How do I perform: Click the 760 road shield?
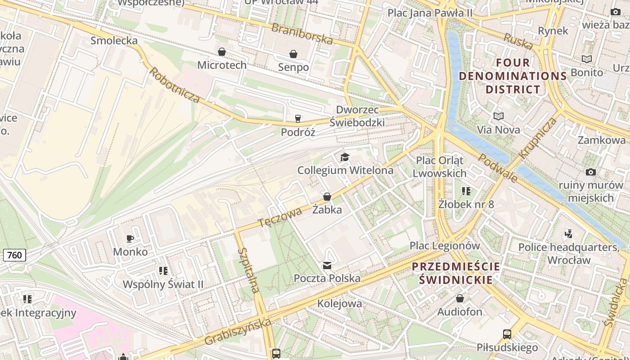(14, 255)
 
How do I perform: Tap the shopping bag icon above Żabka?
(327, 197)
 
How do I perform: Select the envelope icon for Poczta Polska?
(327, 265)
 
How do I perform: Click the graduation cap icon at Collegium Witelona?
(345, 157)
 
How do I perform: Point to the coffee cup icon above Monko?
(130, 238)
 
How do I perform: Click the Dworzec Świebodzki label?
(357, 116)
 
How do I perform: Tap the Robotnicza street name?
(174, 85)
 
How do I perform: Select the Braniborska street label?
(302, 34)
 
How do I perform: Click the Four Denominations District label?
(513, 76)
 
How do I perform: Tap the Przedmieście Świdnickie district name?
(456, 273)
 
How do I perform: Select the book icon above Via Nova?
(498, 117)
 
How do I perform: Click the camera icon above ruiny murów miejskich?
(590, 172)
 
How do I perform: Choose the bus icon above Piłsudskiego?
(507, 334)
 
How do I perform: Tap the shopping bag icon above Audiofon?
(459, 298)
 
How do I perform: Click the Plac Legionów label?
(445, 246)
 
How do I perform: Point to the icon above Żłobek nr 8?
(466, 191)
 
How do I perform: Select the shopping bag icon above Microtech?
(221, 52)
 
